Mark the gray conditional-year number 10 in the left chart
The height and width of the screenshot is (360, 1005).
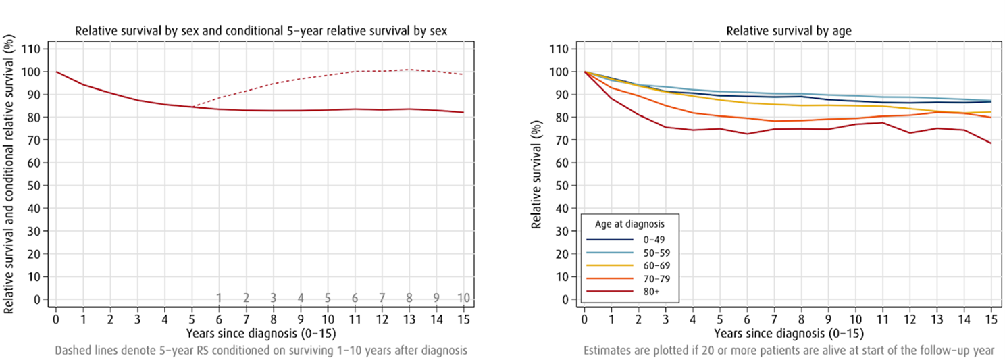tap(463, 298)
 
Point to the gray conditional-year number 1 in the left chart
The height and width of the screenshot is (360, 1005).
tap(219, 298)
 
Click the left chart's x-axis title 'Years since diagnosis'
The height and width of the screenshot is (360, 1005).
tap(260, 333)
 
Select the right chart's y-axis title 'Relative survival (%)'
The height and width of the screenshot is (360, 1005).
tap(537, 174)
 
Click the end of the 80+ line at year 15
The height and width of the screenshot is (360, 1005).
tap(991, 143)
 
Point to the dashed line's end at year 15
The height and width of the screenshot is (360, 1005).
tap(463, 74)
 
